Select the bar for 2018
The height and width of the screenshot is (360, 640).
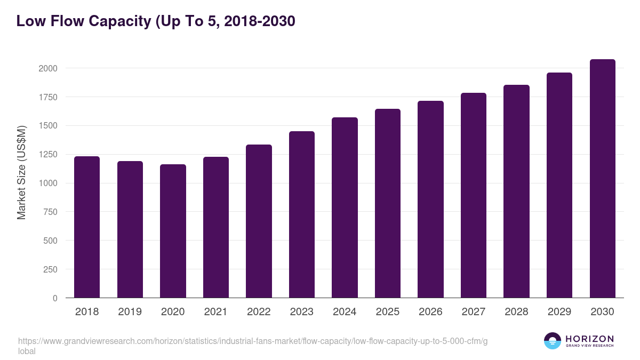[87, 227]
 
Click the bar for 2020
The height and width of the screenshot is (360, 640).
[173, 231]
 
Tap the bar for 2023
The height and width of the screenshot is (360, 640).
[302, 214]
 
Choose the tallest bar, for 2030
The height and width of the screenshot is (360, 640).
[602, 179]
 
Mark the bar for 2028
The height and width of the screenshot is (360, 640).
[516, 191]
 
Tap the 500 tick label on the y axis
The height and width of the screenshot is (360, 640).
[50, 241]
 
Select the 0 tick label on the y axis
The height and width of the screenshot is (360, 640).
[55, 298]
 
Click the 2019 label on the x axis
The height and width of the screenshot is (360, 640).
[130, 312]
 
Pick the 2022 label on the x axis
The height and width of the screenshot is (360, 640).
[259, 312]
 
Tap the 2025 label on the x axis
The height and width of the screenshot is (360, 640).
[388, 312]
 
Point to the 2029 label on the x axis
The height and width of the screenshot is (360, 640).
[559, 312]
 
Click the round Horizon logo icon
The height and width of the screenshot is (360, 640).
[553, 341]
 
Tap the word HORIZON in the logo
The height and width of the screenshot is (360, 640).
[589, 339]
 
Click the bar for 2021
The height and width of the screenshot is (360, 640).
[216, 227]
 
